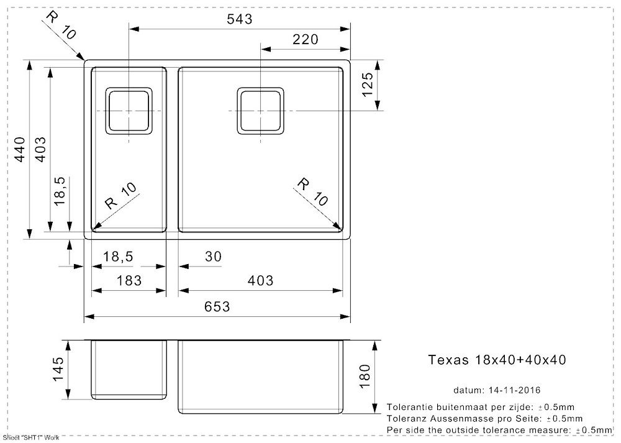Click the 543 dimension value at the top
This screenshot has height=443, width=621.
[240, 19]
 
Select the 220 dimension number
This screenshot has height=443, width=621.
[306, 39]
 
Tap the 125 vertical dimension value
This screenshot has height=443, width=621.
[367, 84]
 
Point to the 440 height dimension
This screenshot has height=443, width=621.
[20, 149]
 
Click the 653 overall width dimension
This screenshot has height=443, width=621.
[217, 306]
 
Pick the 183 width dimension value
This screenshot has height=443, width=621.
[129, 281]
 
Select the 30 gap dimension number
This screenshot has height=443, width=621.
[214, 257]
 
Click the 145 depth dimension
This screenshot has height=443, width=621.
[58, 369]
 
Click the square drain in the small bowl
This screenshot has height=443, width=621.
[129, 111]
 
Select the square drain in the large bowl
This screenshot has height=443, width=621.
[260, 111]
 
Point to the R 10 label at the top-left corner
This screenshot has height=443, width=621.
[61, 25]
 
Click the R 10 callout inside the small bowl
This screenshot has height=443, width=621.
[121, 196]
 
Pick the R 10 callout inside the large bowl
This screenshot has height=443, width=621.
[312, 192]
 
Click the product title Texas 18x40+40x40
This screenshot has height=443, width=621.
[497, 360]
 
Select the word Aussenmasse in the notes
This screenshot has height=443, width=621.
[453, 418]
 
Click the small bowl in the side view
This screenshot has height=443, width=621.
[129, 369]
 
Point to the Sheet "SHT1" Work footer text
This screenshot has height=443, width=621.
[31, 437]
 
